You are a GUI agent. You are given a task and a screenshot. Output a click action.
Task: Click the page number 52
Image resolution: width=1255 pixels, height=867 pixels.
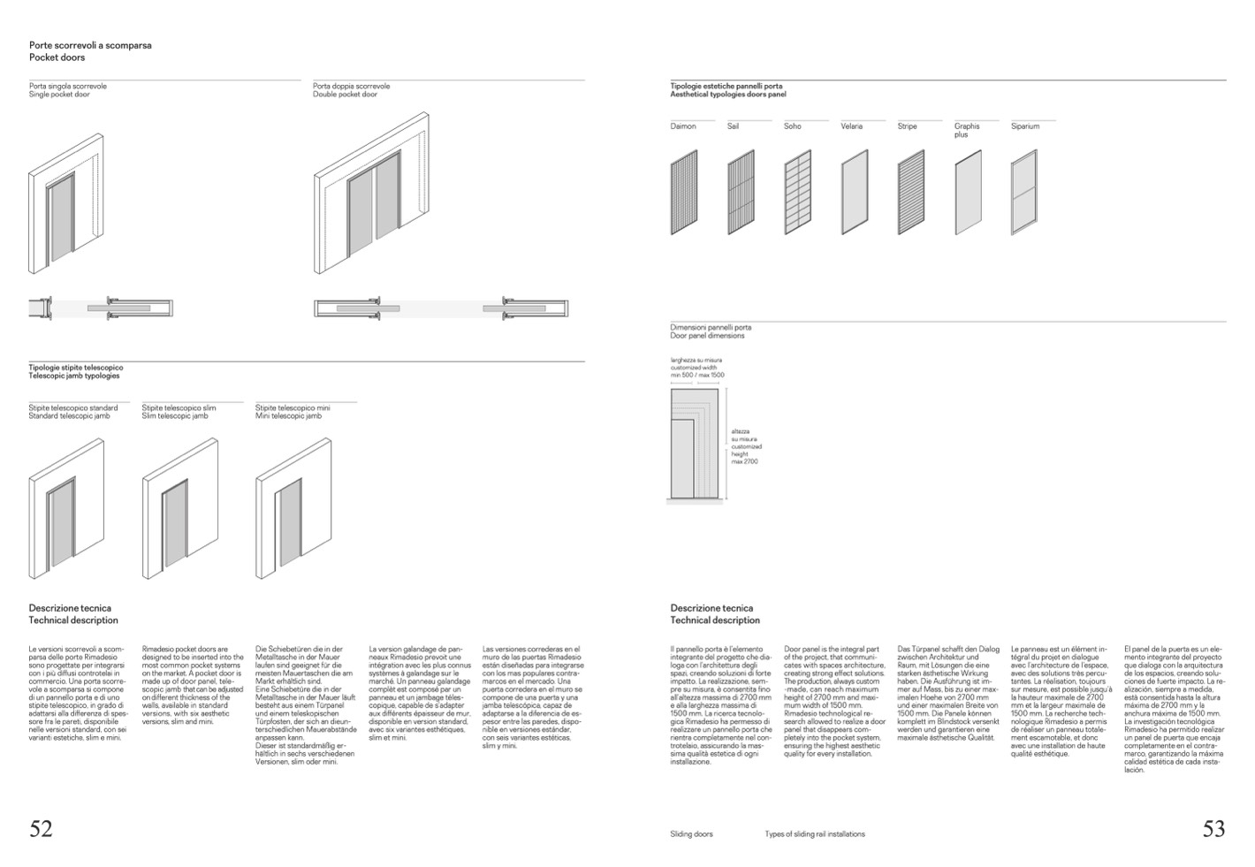41,828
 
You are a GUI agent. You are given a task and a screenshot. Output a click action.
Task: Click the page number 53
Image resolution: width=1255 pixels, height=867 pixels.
1213,828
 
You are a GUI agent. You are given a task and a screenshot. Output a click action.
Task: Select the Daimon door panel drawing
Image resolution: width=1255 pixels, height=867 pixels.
684,192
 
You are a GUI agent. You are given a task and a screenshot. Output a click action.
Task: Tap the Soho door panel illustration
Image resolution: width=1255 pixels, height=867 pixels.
797,192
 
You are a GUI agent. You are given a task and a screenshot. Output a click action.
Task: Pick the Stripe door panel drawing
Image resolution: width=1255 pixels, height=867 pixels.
910,192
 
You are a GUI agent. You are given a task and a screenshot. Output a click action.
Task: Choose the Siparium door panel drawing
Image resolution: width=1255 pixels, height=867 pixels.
1023,192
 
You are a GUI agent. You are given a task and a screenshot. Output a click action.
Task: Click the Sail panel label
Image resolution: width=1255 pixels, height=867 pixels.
733,126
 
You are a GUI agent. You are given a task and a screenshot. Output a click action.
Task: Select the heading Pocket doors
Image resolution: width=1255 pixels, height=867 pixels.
57,57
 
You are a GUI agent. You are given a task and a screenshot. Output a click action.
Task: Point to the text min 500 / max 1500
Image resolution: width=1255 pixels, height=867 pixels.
697,376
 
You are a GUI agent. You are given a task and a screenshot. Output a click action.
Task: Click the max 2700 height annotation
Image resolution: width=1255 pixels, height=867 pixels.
744,461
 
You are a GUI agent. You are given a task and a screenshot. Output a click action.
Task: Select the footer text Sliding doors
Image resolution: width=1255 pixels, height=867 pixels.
691,833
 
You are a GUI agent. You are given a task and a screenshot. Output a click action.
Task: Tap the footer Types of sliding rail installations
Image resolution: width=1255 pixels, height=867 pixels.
815,833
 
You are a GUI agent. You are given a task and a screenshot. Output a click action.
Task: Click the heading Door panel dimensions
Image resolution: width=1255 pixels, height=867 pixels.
707,336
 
